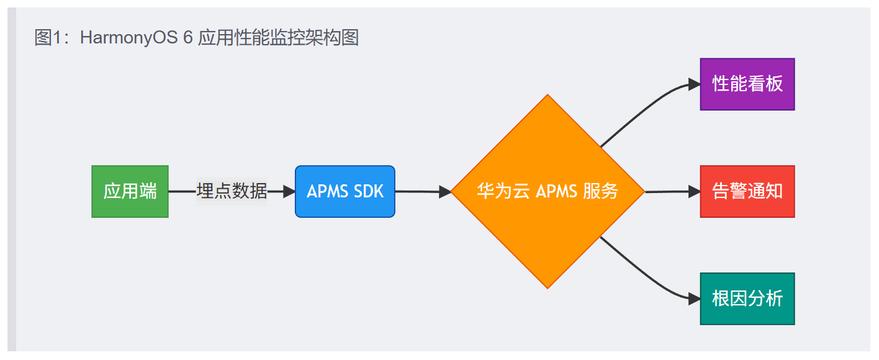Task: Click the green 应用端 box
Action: coord(130,191)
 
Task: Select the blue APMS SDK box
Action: coord(345,191)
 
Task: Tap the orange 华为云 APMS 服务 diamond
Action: coord(548,191)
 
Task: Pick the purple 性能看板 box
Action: coord(747,84)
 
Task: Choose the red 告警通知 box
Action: coord(747,191)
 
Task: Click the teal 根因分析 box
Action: coord(747,299)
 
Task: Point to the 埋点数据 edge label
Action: coord(232,191)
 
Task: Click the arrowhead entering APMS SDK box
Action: coord(289,192)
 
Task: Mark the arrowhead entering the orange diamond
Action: coord(444,192)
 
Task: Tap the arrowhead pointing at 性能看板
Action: coord(694,85)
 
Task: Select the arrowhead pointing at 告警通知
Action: coord(694,192)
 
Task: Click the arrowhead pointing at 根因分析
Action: coord(694,299)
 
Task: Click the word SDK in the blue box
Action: coord(369,191)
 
